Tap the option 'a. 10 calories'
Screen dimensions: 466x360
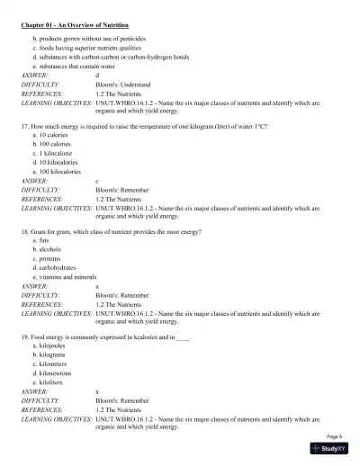(x=55, y=134)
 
